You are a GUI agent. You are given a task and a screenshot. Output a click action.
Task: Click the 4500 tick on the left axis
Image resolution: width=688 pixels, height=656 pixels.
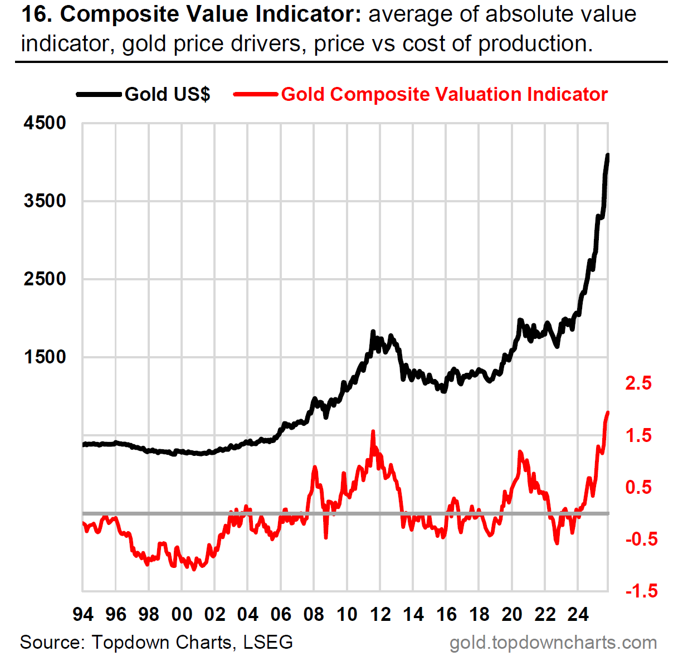tap(45, 123)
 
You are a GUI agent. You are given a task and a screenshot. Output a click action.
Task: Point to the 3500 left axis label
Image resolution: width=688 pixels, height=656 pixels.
tap(45, 201)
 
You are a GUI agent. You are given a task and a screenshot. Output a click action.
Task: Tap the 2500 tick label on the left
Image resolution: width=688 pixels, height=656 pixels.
tap(45, 279)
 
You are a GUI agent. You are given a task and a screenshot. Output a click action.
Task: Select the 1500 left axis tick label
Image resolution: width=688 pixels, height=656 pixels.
tap(45, 357)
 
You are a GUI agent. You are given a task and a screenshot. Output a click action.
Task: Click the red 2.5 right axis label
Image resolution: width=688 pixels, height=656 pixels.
tap(638, 383)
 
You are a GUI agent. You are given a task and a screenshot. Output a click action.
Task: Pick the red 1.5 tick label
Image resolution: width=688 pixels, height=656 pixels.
tap(638, 436)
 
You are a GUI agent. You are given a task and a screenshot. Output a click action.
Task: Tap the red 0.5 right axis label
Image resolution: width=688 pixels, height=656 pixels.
tap(638, 488)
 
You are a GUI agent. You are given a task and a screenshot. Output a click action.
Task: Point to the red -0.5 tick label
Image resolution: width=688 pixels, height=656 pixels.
tap(641, 540)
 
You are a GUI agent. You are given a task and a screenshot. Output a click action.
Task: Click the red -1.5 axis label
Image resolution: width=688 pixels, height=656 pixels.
tap(641, 591)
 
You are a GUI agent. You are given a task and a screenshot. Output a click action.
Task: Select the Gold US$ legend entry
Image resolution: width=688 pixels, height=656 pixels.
tap(167, 94)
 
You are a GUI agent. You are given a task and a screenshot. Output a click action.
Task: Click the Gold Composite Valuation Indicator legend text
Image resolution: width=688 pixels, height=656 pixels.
tap(444, 94)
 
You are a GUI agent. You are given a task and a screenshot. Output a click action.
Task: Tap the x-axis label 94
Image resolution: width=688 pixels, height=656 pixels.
tap(83, 615)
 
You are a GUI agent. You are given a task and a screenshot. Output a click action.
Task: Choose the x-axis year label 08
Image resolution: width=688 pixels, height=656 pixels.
tap(314, 615)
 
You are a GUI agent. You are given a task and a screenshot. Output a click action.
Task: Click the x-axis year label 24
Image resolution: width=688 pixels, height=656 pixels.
tap(578, 615)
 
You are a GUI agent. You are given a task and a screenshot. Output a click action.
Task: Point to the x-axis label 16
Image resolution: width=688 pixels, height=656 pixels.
tap(446, 615)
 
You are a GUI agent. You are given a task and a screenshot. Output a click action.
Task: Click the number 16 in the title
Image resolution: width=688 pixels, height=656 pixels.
tap(35, 14)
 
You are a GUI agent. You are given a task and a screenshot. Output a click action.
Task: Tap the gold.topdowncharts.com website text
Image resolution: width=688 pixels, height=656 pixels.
tap(553, 643)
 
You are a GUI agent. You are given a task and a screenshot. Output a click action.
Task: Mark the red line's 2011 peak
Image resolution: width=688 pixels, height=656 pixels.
tap(373, 431)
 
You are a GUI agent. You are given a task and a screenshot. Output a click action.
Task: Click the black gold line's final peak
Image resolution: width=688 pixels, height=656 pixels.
tap(608, 155)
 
